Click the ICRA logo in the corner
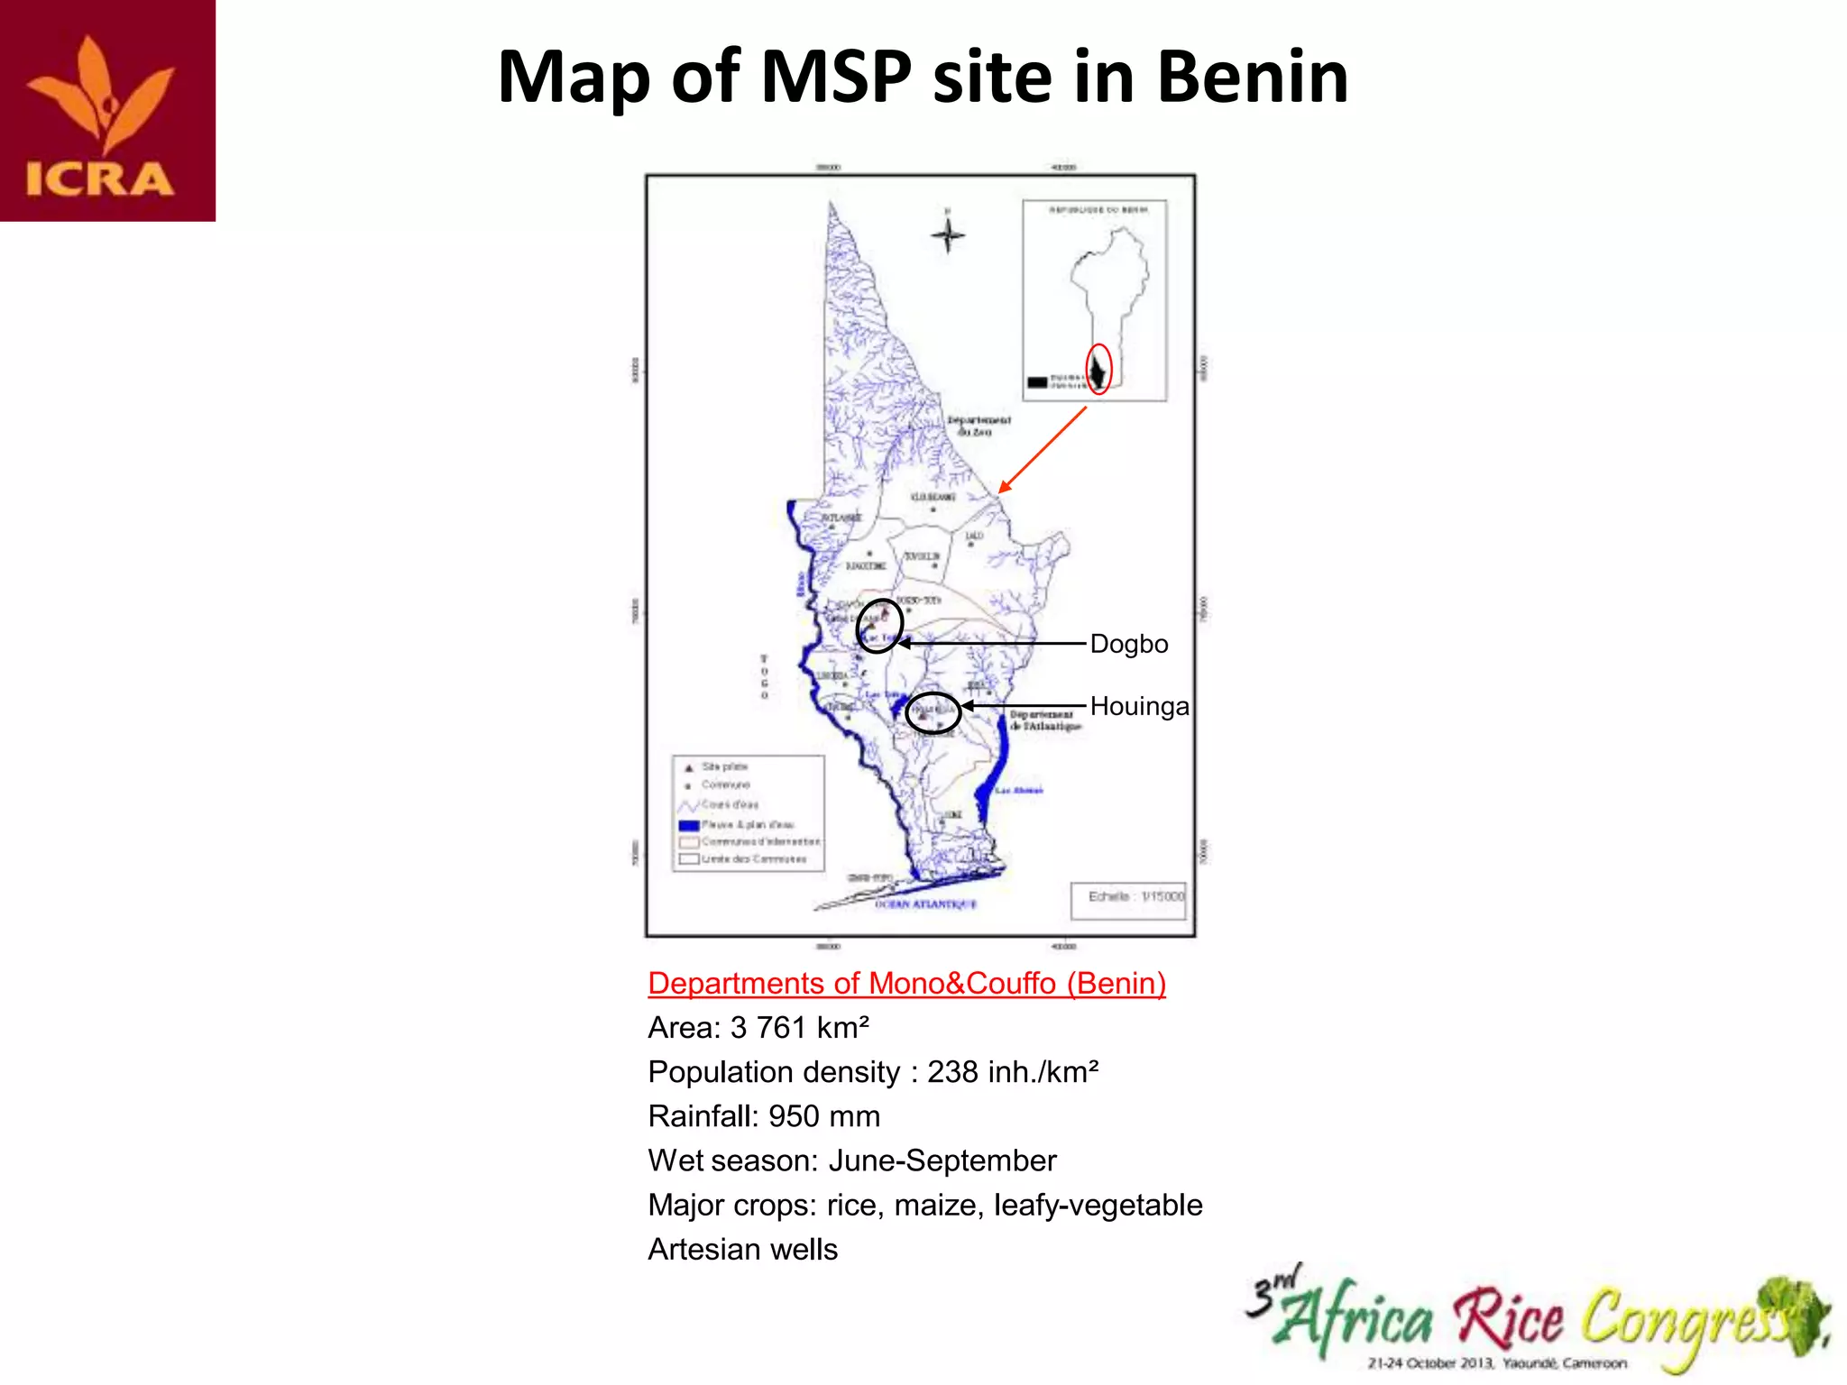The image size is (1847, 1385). click(107, 110)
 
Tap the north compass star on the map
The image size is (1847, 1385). click(947, 235)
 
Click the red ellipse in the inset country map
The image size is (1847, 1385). click(1098, 369)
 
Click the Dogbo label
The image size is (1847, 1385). click(1128, 644)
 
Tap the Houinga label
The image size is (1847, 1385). click(1139, 706)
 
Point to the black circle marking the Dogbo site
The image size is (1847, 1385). click(879, 625)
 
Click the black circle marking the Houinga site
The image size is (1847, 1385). click(933, 713)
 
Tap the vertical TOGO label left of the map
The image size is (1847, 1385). click(764, 677)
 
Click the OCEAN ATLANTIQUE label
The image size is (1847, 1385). click(925, 903)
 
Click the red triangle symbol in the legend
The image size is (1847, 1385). click(688, 767)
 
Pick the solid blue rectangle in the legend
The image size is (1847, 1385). click(689, 825)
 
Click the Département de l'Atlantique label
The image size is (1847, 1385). click(1044, 720)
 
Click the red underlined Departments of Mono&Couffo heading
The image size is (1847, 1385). click(906, 983)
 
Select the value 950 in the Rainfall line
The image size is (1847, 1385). click(794, 1116)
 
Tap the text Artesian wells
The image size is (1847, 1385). click(742, 1249)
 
